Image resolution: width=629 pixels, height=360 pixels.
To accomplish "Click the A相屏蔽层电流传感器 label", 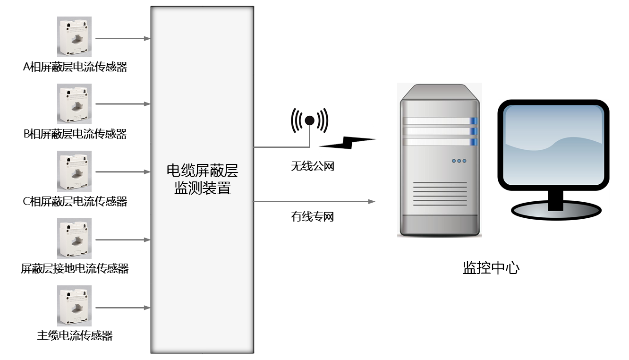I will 75,67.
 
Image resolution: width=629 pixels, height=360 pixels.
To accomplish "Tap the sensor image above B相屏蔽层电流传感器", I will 74,104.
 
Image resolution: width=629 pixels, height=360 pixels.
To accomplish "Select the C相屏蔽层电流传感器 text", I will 75,202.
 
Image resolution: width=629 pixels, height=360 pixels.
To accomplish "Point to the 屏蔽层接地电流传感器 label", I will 75,269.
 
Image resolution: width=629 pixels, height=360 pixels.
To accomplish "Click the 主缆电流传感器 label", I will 75,336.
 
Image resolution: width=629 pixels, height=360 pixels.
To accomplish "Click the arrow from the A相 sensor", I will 122,38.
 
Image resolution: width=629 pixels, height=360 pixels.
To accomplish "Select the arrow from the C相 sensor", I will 122,172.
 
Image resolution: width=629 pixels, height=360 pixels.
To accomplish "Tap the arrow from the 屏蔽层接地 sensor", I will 122,240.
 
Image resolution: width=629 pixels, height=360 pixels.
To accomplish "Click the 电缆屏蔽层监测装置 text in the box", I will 202,180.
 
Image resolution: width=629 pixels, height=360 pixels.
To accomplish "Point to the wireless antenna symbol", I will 309,121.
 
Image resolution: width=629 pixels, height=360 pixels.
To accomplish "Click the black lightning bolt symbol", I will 348,142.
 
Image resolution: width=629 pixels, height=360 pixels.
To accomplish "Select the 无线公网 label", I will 312,166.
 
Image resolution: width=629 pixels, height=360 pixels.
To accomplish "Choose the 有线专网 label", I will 312,217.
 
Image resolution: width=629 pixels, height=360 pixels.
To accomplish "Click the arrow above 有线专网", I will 314,202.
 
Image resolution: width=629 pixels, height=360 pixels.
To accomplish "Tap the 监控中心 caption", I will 491,268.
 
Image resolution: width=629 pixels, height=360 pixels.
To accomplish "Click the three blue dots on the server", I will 459,161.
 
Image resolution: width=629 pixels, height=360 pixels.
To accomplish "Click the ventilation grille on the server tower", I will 440,195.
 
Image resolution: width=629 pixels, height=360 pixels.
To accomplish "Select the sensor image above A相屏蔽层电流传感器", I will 74,37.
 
